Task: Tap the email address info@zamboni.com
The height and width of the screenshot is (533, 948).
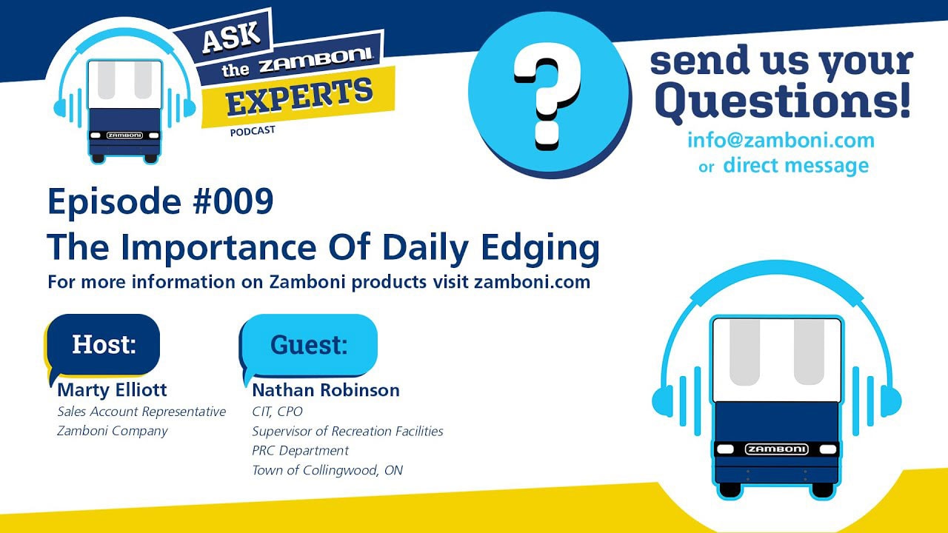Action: pyautogui.click(x=781, y=141)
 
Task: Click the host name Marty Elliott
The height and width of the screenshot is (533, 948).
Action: pyautogui.click(x=112, y=390)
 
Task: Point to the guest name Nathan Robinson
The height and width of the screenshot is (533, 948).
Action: pyautogui.click(x=326, y=390)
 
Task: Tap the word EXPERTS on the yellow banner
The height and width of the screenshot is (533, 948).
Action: pyautogui.click(x=299, y=97)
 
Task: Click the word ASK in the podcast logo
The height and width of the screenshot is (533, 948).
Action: pyautogui.click(x=231, y=37)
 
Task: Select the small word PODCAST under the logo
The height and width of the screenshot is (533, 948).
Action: pyautogui.click(x=253, y=131)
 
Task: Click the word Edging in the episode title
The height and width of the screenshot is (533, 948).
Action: pyautogui.click(x=541, y=249)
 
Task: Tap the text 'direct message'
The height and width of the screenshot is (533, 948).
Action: pyautogui.click(x=796, y=165)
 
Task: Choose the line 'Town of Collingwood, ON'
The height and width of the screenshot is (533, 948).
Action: pyautogui.click(x=327, y=470)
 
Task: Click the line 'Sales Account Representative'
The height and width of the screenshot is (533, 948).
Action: pyautogui.click(x=141, y=412)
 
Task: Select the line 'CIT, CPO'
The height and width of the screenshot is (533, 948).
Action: pyautogui.click(x=277, y=411)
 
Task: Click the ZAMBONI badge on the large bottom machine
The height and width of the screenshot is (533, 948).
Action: pyautogui.click(x=777, y=449)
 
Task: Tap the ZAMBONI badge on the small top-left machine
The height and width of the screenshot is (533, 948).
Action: pyautogui.click(x=124, y=135)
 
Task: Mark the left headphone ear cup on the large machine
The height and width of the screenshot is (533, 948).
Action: pyautogui.click(x=662, y=400)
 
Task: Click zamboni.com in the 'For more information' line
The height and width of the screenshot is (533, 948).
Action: pyautogui.click(x=532, y=282)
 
